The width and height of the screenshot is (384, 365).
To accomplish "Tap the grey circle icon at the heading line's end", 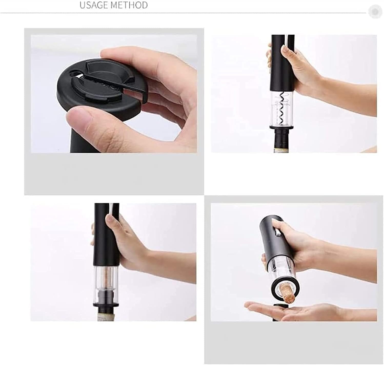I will click(375, 12).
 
